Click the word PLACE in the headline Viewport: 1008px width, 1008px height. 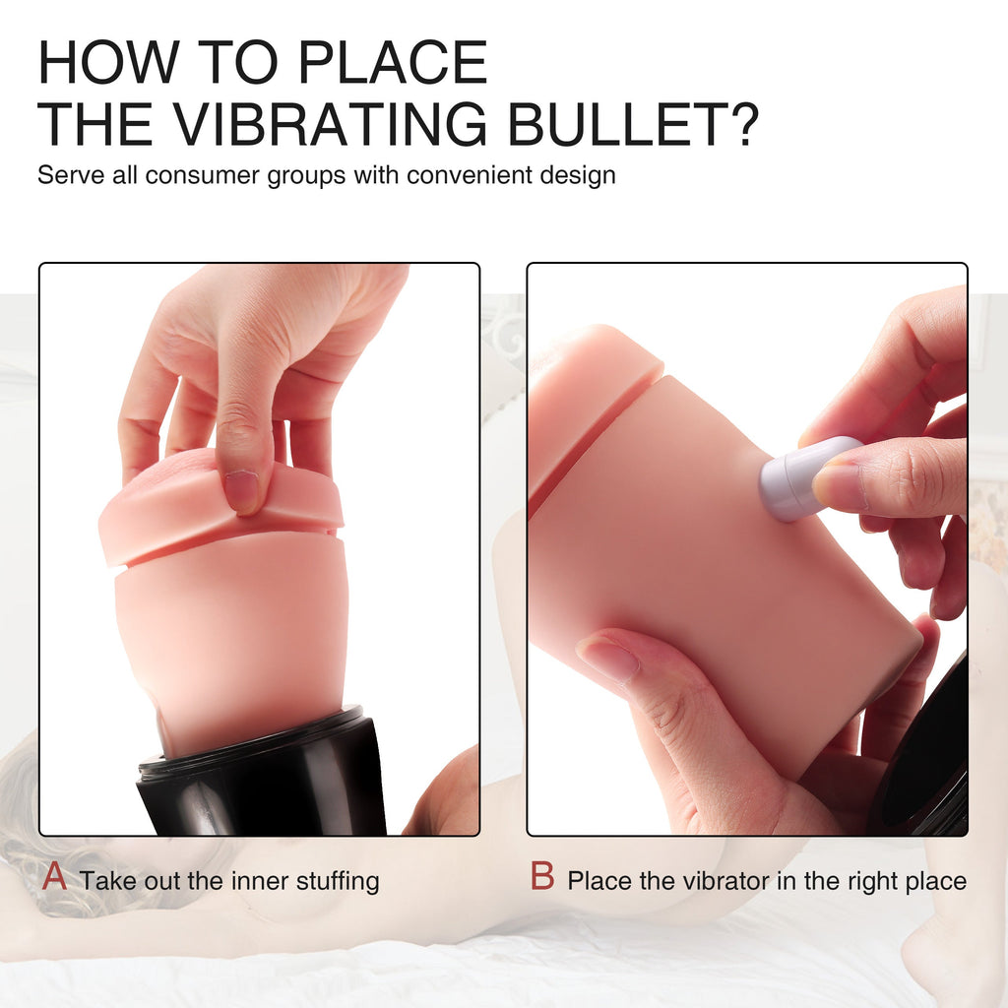click(393, 62)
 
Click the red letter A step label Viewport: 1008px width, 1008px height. click(55, 875)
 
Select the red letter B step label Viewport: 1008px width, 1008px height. click(542, 875)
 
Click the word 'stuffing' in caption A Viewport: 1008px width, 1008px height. click(338, 881)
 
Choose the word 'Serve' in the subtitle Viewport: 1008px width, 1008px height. click(71, 175)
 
